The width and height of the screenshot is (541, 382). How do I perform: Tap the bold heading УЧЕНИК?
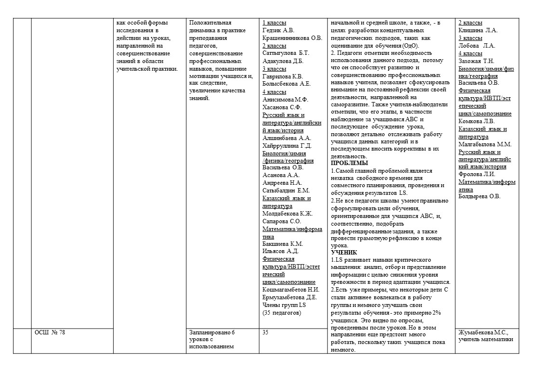[344, 252]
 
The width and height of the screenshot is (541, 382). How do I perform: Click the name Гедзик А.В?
[277, 30]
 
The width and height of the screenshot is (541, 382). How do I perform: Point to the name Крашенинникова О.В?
[292, 38]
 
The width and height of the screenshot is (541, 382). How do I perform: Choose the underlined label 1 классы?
[274, 23]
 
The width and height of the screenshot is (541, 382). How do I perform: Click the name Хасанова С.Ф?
[282, 107]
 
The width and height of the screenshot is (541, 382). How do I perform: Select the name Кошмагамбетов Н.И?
[291, 289]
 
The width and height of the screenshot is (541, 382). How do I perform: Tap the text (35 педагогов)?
[282, 312]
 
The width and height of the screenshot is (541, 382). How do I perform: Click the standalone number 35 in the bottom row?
[266, 332]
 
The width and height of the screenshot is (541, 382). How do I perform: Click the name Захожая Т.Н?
[476, 61]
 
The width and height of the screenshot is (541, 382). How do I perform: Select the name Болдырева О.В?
[479, 196]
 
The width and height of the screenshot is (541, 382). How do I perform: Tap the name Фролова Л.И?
[476, 174]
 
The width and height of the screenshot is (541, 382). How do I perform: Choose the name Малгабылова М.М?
[485, 144]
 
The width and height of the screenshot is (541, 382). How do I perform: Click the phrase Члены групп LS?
[284, 305]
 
